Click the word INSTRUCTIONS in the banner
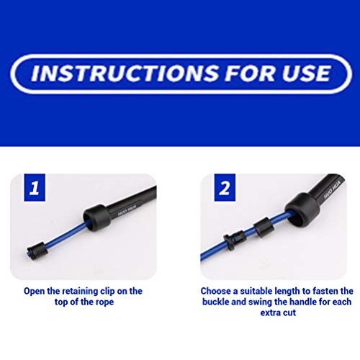tap(125, 73)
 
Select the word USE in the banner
tap(306, 73)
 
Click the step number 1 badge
tap(35, 187)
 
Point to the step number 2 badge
tap(225, 187)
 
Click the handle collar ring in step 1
tap(96, 217)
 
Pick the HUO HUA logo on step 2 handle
tap(332, 192)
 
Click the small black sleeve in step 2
tap(264, 227)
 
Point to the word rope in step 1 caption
tap(104, 302)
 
